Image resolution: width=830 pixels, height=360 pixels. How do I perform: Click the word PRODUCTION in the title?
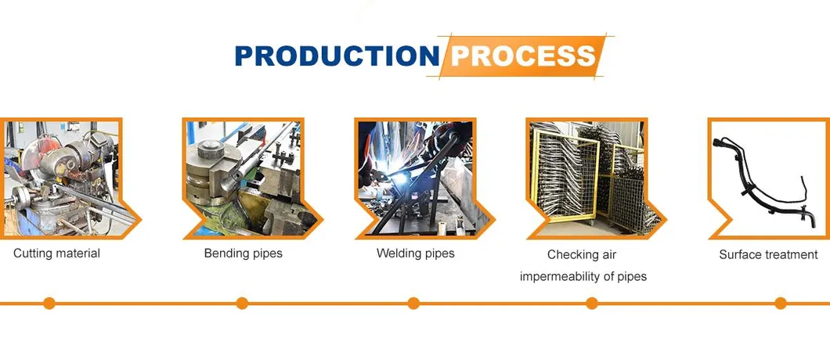point(337,55)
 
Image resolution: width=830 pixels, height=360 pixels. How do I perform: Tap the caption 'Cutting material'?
point(56,253)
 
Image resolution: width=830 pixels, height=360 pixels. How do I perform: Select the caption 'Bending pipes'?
point(243,253)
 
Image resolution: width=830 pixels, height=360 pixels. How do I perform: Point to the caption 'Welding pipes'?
point(416,253)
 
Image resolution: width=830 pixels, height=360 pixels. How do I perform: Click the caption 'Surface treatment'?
point(768,254)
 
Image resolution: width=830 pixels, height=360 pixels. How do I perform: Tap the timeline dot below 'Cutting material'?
point(49,304)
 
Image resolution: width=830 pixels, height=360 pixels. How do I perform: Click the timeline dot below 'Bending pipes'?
point(242,304)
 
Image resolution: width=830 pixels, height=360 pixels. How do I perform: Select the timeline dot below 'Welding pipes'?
point(413,304)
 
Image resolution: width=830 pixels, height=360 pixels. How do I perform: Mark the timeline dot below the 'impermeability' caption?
point(592,304)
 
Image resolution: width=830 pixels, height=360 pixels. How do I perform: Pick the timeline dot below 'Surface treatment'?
point(780,304)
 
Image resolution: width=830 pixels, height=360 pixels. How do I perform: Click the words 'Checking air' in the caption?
point(582,254)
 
